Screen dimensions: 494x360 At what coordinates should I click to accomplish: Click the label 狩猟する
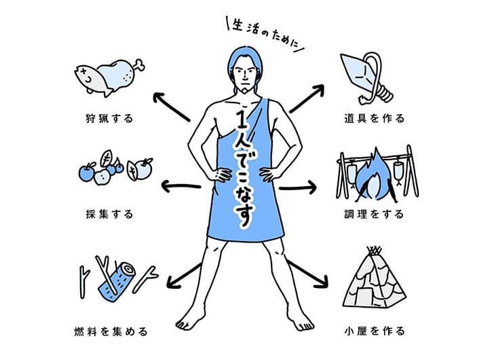[109, 119]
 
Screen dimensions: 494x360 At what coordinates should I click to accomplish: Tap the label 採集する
[109, 215]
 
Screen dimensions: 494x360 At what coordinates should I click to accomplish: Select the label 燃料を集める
[111, 331]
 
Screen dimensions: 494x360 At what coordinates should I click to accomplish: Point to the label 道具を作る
[375, 119]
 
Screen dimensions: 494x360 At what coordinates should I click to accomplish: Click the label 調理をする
[375, 215]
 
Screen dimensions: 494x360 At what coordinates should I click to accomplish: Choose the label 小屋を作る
[375, 331]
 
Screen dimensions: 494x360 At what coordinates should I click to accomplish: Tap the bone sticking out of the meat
[138, 66]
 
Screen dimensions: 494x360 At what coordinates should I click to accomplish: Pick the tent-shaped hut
[375, 281]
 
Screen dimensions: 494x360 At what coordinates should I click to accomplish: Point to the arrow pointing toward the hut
[307, 274]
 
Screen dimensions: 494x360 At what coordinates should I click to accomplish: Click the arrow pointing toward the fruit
[180, 186]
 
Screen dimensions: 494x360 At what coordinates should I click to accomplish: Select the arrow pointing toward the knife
[307, 98]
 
